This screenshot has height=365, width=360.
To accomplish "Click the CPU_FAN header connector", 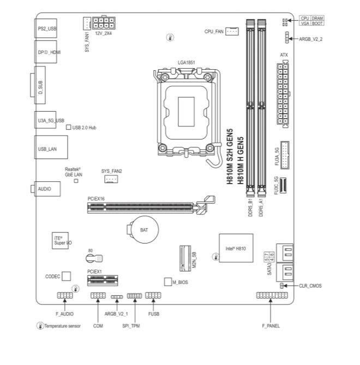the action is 232,31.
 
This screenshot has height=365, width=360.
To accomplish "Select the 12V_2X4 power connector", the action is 104,23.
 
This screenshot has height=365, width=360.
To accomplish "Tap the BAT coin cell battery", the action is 143,229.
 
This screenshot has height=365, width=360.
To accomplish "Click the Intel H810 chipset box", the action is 236,248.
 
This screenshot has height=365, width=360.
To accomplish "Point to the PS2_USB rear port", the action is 46,28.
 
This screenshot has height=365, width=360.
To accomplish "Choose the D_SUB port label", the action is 40,88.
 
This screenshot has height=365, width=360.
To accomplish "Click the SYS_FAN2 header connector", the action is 111,179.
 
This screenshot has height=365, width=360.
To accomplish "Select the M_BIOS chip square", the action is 168,282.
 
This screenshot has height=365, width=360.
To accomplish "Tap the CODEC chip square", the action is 67,276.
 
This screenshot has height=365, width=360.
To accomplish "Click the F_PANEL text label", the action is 271,326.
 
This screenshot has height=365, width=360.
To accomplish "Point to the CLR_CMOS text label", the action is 310,285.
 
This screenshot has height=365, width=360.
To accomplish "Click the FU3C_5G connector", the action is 283,186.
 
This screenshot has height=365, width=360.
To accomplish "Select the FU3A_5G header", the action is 285,155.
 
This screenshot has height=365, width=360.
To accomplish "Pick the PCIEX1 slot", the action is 103,281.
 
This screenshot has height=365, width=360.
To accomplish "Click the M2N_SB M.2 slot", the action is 185,258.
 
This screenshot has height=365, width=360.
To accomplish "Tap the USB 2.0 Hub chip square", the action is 69,127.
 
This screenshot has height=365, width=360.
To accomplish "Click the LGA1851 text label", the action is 186,63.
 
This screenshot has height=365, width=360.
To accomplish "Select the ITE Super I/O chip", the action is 60,240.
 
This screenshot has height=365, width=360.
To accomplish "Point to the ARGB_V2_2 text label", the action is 310,39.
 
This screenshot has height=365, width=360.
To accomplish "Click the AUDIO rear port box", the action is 47,189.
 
